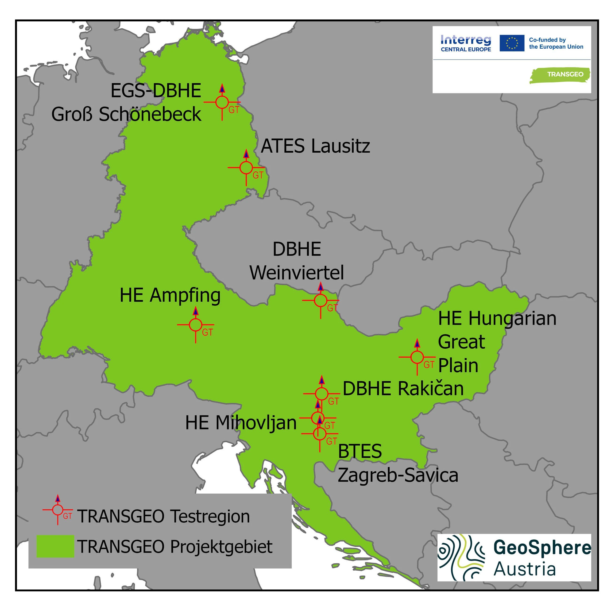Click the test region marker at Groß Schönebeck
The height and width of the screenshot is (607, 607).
(x=222, y=102)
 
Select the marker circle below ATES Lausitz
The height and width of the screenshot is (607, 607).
(x=246, y=167)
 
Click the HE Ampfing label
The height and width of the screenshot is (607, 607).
(x=170, y=296)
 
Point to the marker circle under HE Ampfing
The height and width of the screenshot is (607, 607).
(x=195, y=325)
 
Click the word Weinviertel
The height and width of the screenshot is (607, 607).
(x=297, y=273)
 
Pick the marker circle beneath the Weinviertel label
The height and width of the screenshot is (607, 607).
(x=321, y=300)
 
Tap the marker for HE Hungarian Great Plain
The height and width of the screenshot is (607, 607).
(x=417, y=357)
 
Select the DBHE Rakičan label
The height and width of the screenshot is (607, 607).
(x=403, y=389)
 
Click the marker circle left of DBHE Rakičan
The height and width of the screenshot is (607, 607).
(x=321, y=393)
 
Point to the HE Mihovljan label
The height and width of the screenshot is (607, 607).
(x=241, y=423)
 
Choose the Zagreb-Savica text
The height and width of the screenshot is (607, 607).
(x=398, y=475)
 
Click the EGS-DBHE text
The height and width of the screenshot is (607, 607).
(x=156, y=91)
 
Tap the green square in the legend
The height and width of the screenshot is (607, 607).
(x=55, y=546)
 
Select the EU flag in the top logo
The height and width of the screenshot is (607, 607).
(x=512, y=43)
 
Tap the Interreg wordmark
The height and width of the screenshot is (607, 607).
(x=466, y=40)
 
